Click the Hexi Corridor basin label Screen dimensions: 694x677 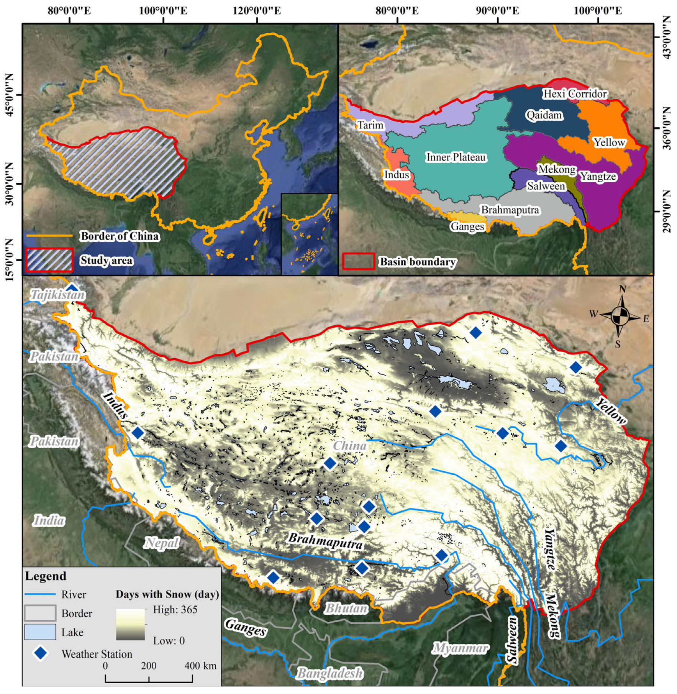click(x=574, y=94)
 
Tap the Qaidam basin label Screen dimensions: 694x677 click(x=544, y=115)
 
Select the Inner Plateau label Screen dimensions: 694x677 click(x=456, y=157)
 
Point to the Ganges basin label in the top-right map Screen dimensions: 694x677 click(x=467, y=226)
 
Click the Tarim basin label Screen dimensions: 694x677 click(x=370, y=125)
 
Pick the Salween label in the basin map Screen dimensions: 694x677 click(x=546, y=186)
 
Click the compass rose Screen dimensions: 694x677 click(x=620, y=317)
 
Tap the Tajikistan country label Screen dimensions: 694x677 click(x=57, y=295)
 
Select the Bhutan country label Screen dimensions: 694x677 click(x=346, y=608)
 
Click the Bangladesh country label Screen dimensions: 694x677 click(x=330, y=673)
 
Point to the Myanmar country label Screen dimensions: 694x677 click(x=460, y=648)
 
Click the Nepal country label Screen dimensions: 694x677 click(x=161, y=543)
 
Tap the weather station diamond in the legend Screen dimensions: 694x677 click(x=40, y=653)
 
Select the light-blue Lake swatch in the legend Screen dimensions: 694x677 click(x=40, y=632)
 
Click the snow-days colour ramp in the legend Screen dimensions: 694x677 click(x=130, y=625)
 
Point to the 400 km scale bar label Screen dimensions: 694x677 click(x=200, y=666)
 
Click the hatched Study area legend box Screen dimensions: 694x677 click(x=49, y=260)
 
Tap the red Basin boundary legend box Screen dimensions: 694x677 click(x=358, y=261)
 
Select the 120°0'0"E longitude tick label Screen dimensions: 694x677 click(x=257, y=10)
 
